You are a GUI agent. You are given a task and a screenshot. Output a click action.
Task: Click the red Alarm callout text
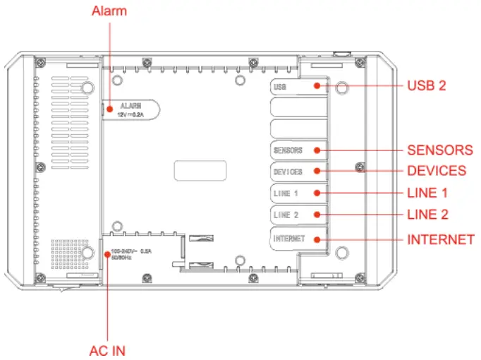tap(109, 11)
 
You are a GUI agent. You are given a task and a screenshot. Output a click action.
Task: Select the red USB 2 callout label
tap(427, 85)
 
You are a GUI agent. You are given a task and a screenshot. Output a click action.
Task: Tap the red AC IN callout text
tap(107, 350)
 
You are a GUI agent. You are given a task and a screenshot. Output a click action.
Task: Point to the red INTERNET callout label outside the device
tap(440, 240)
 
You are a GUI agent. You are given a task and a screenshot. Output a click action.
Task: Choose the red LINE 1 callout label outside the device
tap(427, 192)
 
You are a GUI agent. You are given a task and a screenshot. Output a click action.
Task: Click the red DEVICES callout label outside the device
tap(436, 171)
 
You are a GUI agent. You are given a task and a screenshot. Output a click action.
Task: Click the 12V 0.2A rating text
tap(130, 114)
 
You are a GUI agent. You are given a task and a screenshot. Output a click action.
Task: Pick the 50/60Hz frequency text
tap(121, 258)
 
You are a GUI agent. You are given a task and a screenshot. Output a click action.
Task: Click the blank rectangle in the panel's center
tap(200, 172)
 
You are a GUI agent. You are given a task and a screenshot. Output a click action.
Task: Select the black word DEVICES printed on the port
tap(287, 172)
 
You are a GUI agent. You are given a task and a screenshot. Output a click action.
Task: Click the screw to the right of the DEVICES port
tap(360, 167)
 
